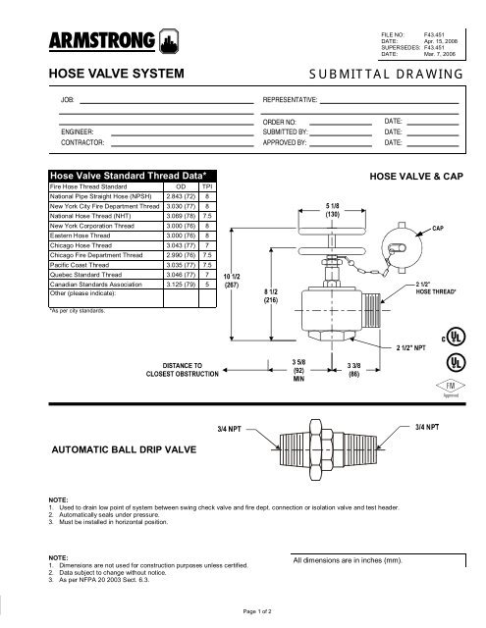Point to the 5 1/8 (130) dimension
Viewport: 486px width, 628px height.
pos(332,209)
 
